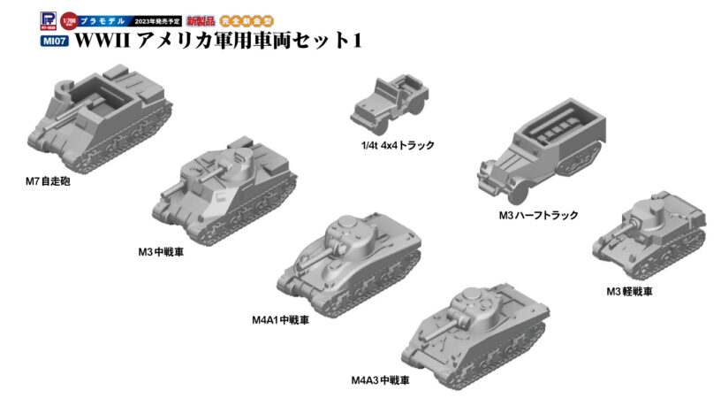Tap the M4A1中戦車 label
tap(280, 319)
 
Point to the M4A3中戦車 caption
tap(380, 381)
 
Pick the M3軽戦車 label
tap(629, 291)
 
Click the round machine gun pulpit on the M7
tap(63, 88)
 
